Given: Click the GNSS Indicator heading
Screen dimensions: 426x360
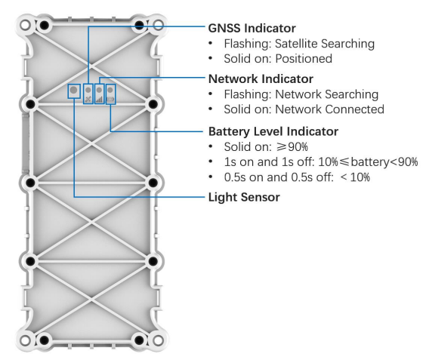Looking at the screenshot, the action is tap(252, 28).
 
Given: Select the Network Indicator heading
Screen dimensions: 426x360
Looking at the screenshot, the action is tap(261, 79).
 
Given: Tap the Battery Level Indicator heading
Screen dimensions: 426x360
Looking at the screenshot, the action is tap(273, 131).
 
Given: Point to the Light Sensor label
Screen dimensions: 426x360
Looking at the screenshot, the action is tap(244, 198).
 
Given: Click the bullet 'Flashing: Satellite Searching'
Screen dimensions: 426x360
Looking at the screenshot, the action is tap(299, 44).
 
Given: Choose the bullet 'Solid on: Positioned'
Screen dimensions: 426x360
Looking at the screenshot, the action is tap(278, 59).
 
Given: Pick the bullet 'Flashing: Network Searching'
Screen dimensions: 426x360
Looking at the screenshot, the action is tap(301, 94).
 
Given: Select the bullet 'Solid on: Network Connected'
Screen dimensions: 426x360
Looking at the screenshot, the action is tap(304, 109).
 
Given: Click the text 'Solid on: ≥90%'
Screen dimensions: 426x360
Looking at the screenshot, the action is tap(266, 147).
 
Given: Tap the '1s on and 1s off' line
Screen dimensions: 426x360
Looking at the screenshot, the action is tap(321, 162).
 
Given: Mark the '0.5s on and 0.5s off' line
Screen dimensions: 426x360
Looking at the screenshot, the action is tap(297, 177).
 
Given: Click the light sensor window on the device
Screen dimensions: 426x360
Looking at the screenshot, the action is tap(74, 91).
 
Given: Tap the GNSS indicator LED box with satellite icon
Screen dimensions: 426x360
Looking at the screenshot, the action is tap(88, 94).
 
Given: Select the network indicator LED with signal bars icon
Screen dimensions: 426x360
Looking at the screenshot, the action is tap(99, 94).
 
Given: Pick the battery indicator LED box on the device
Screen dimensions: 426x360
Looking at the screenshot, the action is tap(110, 94).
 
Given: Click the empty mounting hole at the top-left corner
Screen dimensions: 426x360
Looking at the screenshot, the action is tap(25, 25).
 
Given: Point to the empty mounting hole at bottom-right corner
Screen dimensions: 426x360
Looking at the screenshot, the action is tap(158, 340).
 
